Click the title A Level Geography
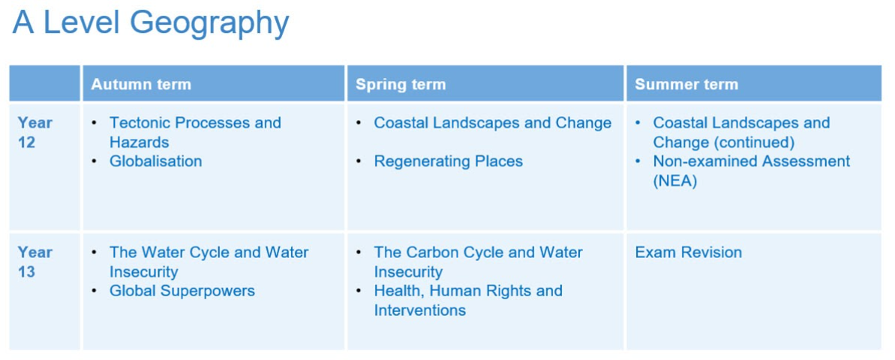[151, 25]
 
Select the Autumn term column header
[141, 85]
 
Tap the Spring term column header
[401, 85]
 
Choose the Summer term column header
[686, 85]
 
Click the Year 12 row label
[35, 132]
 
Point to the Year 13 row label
[35, 262]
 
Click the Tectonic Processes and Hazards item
[195, 132]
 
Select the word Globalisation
[156, 161]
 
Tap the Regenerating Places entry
[448, 161]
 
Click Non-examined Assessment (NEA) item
[752, 171]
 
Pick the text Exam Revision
[689, 252]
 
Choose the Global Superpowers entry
[182, 291]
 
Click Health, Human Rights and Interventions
[468, 301]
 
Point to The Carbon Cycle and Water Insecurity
[479, 262]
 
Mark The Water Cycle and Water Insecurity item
[209, 262]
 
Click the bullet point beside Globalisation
[95, 162]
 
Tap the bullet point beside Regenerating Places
[359, 162]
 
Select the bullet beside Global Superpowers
[95, 292]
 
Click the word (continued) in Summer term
[751, 142]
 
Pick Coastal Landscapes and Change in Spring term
[493, 123]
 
